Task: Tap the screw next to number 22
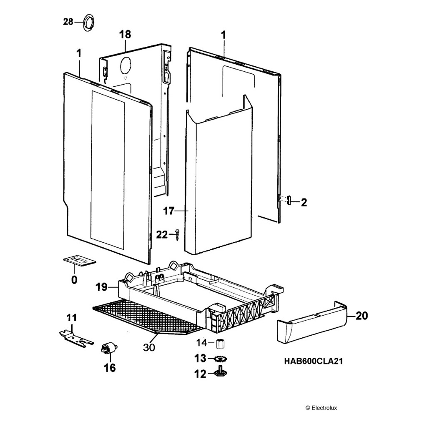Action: coord(177,234)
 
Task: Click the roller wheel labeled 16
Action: coord(108,348)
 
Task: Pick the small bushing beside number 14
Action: coord(219,344)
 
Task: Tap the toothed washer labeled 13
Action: coord(221,359)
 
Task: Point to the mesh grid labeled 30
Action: coord(147,316)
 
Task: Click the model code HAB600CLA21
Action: coord(314,361)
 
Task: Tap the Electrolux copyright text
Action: coord(322,408)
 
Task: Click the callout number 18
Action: coord(125,35)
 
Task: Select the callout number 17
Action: coord(168,211)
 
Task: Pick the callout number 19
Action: coord(102,287)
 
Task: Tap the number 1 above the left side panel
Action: coord(79,54)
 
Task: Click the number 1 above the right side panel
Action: coord(224,35)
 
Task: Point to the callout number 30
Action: coord(149,347)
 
